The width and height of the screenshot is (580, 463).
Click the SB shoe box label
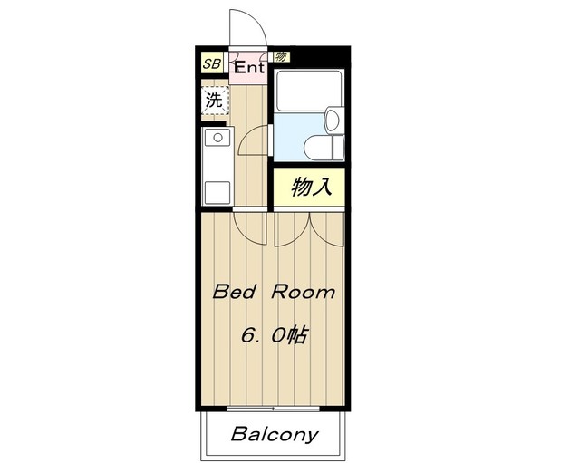tap(211, 63)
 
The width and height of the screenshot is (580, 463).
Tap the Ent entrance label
tap(249, 67)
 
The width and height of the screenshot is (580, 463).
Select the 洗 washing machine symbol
tap(214, 101)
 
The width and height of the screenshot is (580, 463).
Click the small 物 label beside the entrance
tap(281, 56)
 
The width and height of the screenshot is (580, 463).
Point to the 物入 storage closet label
tap(309, 188)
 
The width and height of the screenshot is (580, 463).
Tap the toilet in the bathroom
tap(322, 145)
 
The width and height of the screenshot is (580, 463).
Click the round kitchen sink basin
tap(217, 138)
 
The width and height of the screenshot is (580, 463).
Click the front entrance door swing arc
tap(247, 27)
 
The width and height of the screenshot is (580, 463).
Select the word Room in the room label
tap(305, 293)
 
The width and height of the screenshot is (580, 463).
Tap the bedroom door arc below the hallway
tap(249, 224)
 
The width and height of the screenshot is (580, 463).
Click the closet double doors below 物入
tap(309, 228)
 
